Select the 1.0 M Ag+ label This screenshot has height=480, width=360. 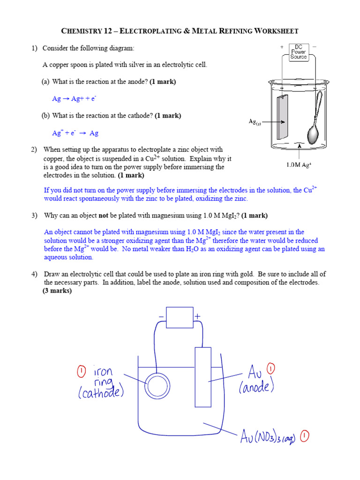[300, 165]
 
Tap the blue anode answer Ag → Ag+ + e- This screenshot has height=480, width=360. [74, 99]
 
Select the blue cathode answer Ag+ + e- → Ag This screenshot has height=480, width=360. [75, 133]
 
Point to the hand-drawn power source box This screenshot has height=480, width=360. [180, 317]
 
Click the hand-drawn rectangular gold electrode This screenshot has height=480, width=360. [203, 377]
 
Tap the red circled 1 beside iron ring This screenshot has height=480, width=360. [82, 373]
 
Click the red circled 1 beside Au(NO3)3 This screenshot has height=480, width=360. [304, 437]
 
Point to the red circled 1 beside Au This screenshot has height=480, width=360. [271, 368]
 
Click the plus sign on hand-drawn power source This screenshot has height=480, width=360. [197, 317]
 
